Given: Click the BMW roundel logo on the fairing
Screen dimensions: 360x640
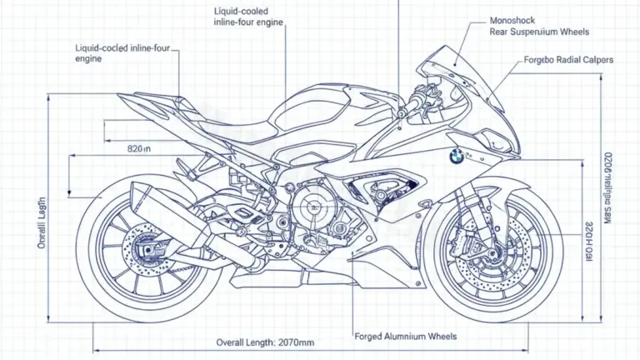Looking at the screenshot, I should click(x=456, y=156).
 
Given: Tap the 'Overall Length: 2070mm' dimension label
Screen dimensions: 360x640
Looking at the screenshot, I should click(x=265, y=342).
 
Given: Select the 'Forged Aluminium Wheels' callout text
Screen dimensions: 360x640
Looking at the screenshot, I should click(x=406, y=337).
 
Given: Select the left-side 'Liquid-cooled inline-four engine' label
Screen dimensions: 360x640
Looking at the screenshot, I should click(x=122, y=54).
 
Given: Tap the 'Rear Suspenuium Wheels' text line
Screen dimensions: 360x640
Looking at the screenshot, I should click(x=540, y=32).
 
